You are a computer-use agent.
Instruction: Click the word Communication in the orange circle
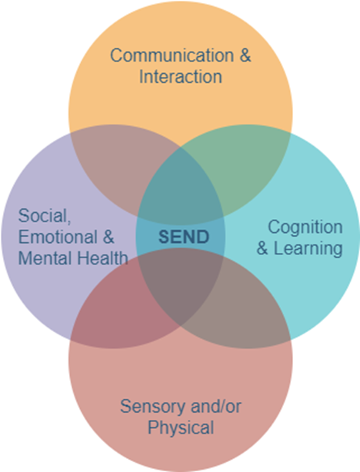tap(172, 55)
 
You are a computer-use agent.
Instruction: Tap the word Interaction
tap(181, 77)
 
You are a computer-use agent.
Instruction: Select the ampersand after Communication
tap(245, 55)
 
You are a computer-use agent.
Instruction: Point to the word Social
tap(45, 216)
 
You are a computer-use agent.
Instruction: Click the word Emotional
tap(58, 237)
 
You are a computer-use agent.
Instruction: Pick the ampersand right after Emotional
tap(108, 237)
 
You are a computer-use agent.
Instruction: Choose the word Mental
tap(45, 258)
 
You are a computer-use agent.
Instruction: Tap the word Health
tap(102, 258)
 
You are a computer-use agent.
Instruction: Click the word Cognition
tap(305, 227)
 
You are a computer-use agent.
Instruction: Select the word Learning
tap(308, 248)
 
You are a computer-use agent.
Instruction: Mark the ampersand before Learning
tap(262, 248)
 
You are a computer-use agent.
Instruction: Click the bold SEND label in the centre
tap(184, 237)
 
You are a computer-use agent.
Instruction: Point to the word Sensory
tap(153, 407)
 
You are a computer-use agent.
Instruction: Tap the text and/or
tap(216, 407)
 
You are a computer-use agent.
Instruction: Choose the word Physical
tap(181, 427)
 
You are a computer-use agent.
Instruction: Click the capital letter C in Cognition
tap(274, 227)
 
